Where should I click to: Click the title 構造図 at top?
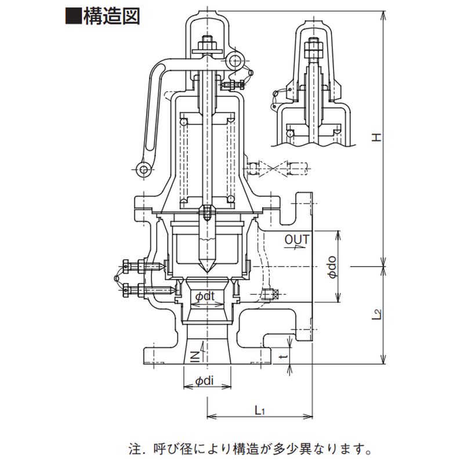click(x=112, y=16)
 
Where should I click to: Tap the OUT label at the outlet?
click(x=297, y=239)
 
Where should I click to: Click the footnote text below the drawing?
click(x=249, y=449)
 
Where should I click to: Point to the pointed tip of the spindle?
click(x=207, y=271)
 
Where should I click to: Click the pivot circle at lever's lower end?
click(x=144, y=169)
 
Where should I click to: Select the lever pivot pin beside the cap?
click(x=234, y=59)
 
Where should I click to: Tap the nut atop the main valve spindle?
click(x=206, y=43)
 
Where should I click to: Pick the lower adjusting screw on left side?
click(x=139, y=288)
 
